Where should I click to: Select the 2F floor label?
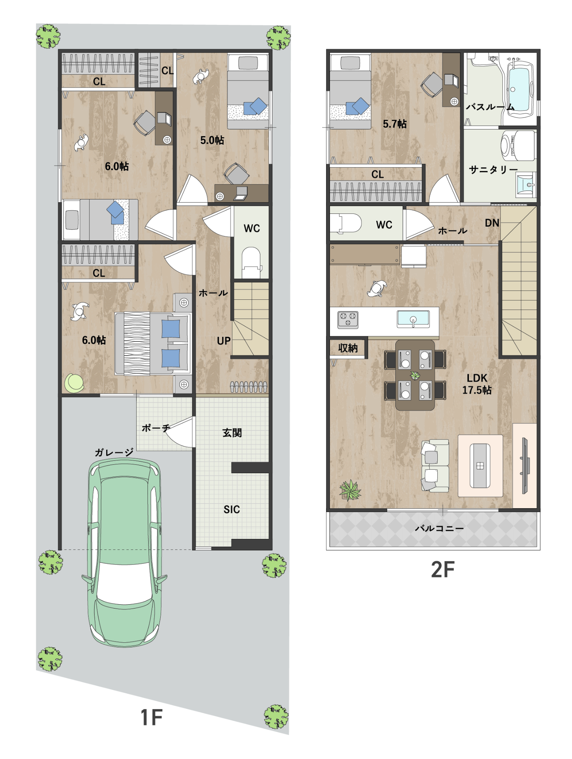pos(443,570)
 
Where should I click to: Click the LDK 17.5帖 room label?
pos(477,384)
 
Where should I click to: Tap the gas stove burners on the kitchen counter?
pos(348,320)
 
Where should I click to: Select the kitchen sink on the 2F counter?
pos(413,319)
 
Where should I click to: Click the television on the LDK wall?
pos(525,465)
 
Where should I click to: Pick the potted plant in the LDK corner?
pos(350,490)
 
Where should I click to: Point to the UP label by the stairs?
pos(224,341)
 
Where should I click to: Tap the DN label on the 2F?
pos(492,223)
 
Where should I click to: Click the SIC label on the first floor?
pos(232,509)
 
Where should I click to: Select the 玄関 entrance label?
pos(232,433)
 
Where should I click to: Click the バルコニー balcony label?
pos(439,528)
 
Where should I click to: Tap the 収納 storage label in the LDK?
pos(348,348)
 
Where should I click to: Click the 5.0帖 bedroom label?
pos(212,140)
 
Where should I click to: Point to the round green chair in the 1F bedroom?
pos(74,383)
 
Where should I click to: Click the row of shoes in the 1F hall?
pos(249,387)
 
